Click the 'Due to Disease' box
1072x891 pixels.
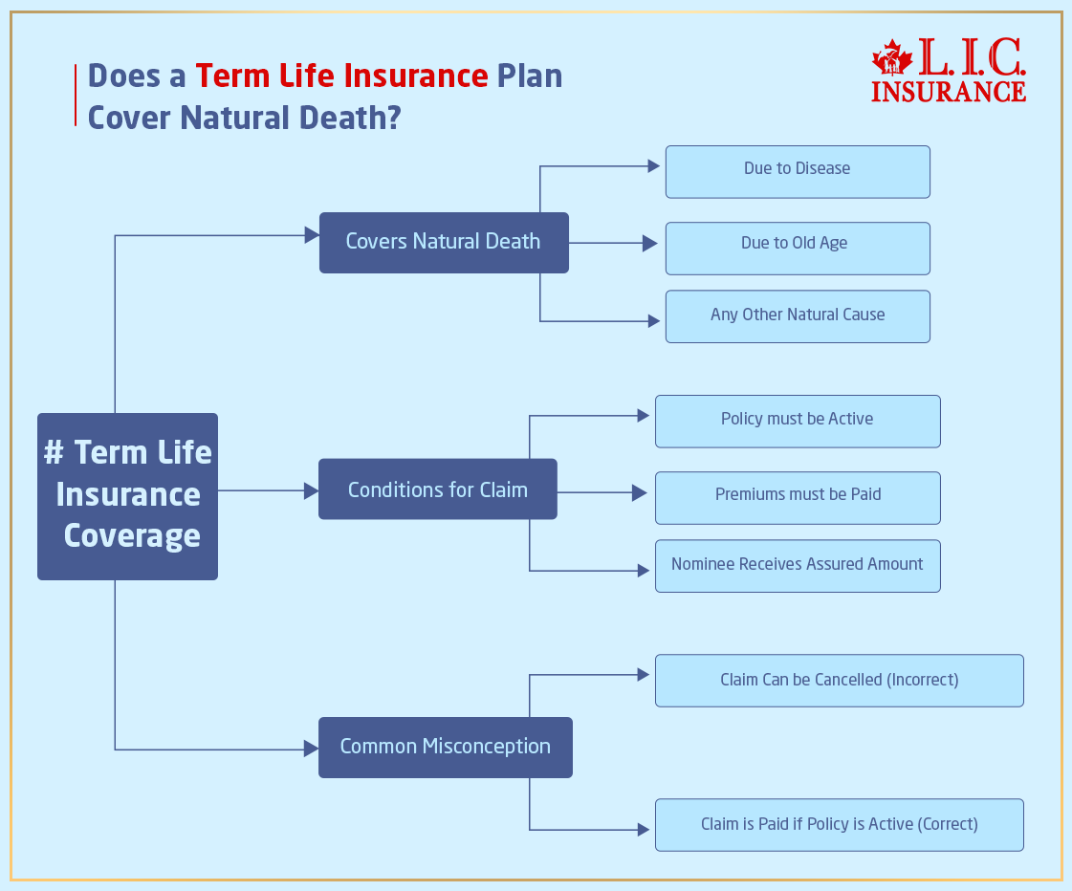tap(798, 172)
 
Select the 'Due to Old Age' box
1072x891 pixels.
tap(798, 248)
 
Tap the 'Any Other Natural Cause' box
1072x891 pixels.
tap(798, 316)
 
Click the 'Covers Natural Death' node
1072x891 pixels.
tap(444, 243)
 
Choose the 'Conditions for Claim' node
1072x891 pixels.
tap(437, 489)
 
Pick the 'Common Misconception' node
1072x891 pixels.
tap(445, 747)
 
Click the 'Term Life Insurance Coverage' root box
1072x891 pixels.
tap(127, 496)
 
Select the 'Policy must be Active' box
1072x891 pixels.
tap(798, 421)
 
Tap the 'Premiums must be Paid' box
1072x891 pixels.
tap(798, 497)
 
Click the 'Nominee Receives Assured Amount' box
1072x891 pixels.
tap(798, 566)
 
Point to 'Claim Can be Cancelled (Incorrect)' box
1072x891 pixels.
tap(839, 681)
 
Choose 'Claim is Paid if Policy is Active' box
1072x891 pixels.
tap(839, 824)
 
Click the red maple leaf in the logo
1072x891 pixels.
tap(892, 58)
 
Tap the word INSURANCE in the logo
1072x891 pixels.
tap(948, 92)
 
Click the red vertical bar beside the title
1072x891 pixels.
tap(76, 96)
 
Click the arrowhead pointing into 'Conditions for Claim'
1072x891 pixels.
tap(311, 490)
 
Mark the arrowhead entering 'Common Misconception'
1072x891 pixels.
tap(311, 749)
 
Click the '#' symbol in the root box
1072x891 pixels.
tap(54, 453)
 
